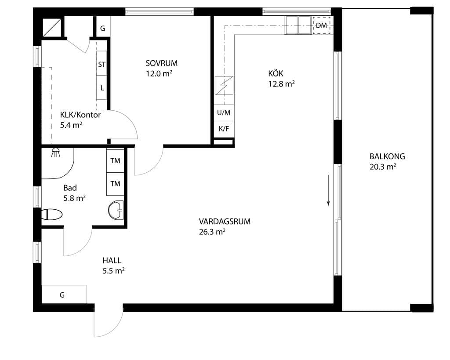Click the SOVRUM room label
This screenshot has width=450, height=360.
click(x=162, y=63)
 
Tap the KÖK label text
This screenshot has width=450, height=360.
click(x=276, y=73)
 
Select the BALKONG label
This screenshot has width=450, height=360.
click(x=387, y=156)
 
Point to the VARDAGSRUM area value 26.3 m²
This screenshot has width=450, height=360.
click(x=212, y=232)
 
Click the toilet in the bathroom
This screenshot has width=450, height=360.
click(x=52, y=214)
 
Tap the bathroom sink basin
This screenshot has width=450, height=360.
click(x=116, y=210)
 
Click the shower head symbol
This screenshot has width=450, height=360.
click(x=56, y=153)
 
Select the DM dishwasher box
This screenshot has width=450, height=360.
click(x=321, y=25)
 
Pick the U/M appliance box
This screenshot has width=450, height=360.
click(x=224, y=113)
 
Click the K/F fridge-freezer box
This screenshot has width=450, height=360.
click(x=224, y=129)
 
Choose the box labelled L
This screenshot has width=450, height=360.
click(x=102, y=88)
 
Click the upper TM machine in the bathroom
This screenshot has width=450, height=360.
click(x=116, y=160)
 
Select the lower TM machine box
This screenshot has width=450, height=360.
click(x=116, y=184)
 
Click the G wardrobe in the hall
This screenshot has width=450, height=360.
click(x=64, y=294)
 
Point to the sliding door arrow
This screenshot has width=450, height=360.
click(x=328, y=190)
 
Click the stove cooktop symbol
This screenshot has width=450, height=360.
click(x=224, y=86)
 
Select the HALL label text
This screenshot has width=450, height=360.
click(x=112, y=261)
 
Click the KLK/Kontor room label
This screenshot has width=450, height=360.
click(x=80, y=115)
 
